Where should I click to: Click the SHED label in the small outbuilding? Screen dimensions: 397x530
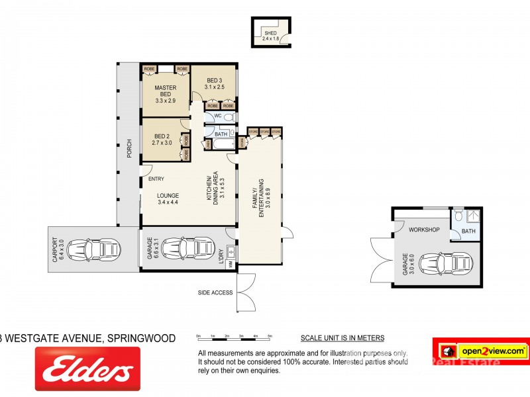(x=270, y=33)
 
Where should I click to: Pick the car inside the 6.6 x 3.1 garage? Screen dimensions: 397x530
(x=185, y=250)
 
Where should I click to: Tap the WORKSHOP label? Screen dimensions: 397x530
(x=425, y=230)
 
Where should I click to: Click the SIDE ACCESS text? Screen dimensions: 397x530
(x=215, y=292)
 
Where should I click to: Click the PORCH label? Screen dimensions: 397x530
(x=130, y=148)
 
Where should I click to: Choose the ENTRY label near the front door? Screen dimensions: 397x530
(x=156, y=179)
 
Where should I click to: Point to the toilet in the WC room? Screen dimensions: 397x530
(x=229, y=118)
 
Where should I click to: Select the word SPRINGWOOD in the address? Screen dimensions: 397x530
(x=142, y=339)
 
